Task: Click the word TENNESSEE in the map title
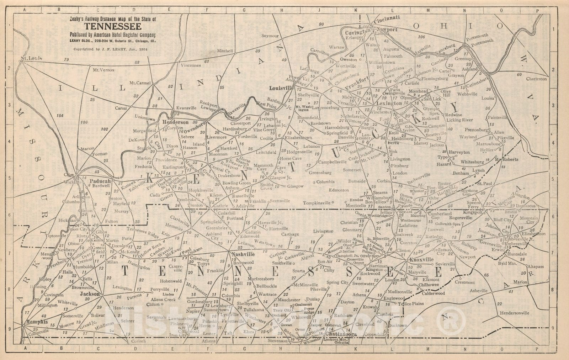click(x=113, y=27)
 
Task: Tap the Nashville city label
click(x=243, y=254)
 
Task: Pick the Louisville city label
click(x=280, y=88)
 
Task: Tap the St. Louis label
click(x=31, y=58)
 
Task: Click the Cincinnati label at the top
click(x=387, y=17)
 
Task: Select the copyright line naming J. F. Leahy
click(x=110, y=49)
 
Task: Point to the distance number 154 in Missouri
click(x=59, y=116)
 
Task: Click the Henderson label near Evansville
click(x=175, y=122)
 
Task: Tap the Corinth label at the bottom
click(x=138, y=341)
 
